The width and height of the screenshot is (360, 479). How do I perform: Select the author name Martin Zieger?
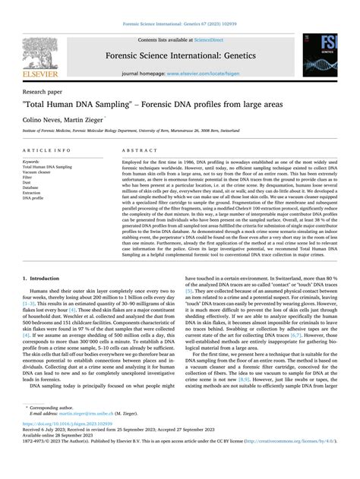click(x=93, y=120)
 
